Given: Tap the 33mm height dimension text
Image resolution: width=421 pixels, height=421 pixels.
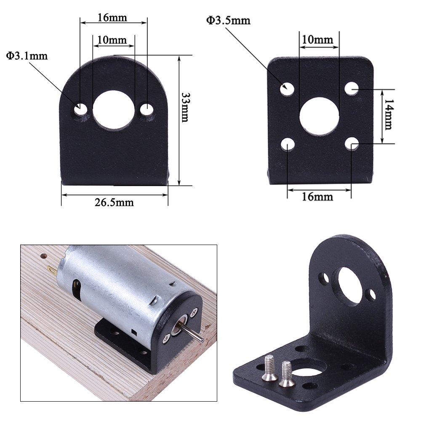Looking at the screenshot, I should coord(184,107).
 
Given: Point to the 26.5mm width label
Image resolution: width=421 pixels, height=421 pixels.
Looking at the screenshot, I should coord(114,203).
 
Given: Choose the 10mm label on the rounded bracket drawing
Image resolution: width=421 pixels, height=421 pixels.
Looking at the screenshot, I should coord(112,40).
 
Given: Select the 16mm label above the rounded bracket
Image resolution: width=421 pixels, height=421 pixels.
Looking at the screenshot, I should coord(112,18).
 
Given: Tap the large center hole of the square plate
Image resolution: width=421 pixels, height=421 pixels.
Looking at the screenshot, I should coord(319,117).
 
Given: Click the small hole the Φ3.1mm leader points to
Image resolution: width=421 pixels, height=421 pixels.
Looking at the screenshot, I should coord(80,110).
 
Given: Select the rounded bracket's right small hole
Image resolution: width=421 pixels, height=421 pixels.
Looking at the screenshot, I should coord(147,110).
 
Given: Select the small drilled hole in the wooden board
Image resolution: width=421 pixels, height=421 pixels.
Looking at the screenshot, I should coord(43,256).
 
